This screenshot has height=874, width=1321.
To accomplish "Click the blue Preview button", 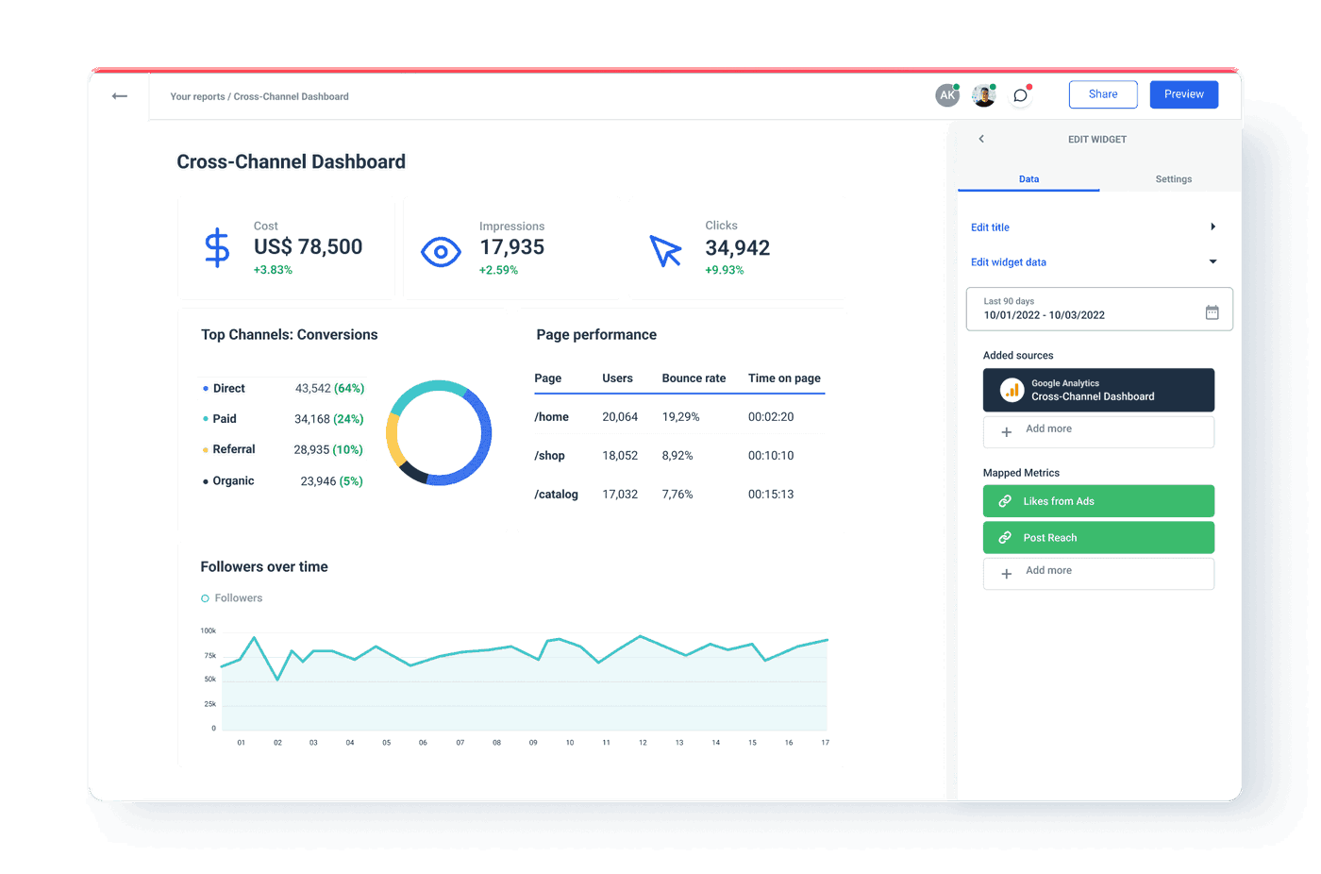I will pyautogui.click(x=1183, y=94).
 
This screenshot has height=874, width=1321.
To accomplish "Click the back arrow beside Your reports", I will pyautogui.click(x=120, y=96).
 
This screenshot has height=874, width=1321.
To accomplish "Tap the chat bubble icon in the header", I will pyautogui.click(x=1020, y=95).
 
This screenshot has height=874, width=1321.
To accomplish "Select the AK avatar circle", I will pyautogui.click(x=946, y=95).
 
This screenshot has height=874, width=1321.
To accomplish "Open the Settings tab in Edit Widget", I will pyautogui.click(x=1173, y=179).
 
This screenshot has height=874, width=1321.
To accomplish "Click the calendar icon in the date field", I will pyautogui.click(x=1212, y=312).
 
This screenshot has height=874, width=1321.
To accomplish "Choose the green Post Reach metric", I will pyautogui.click(x=1098, y=538).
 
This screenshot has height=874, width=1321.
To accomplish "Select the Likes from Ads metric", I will pyautogui.click(x=1098, y=501).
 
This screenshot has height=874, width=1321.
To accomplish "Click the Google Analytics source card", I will pyautogui.click(x=1098, y=390).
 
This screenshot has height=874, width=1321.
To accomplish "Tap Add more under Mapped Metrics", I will pyautogui.click(x=1098, y=573).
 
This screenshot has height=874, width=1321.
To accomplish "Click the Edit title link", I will pyautogui.click(x=990, y=227).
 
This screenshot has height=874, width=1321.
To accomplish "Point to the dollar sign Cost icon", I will pyautogui.click(x=217, y=248).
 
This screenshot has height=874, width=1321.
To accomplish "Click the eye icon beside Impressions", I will pyautogui.click(x=441, y=252).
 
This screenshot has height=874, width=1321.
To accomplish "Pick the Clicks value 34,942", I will pyautogui.click(x=737, y=248).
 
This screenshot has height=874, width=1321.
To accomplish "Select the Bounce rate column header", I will pyautogui.click(x=694, y=378).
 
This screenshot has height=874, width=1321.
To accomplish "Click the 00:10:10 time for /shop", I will pyautogui.click(x=771, y=456).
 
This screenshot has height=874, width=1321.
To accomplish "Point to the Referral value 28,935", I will pyautogui.click(x=311, y=450).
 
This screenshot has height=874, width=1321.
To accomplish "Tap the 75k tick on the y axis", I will pyautogui.click(x=210, y=656).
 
